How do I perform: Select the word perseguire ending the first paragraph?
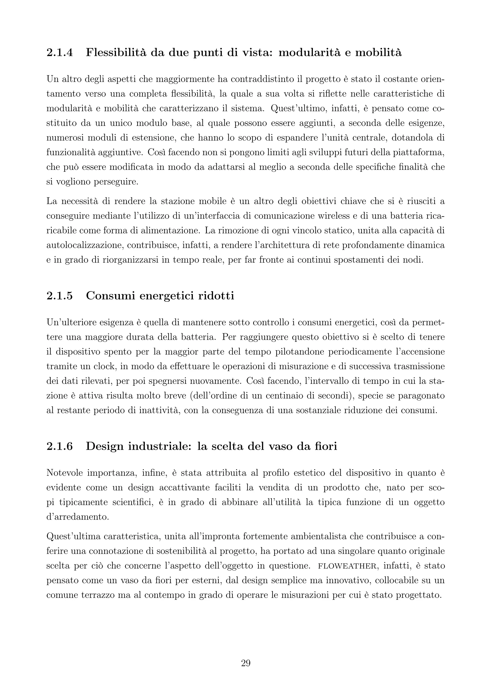pyautogui.click(x=116, y=182)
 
